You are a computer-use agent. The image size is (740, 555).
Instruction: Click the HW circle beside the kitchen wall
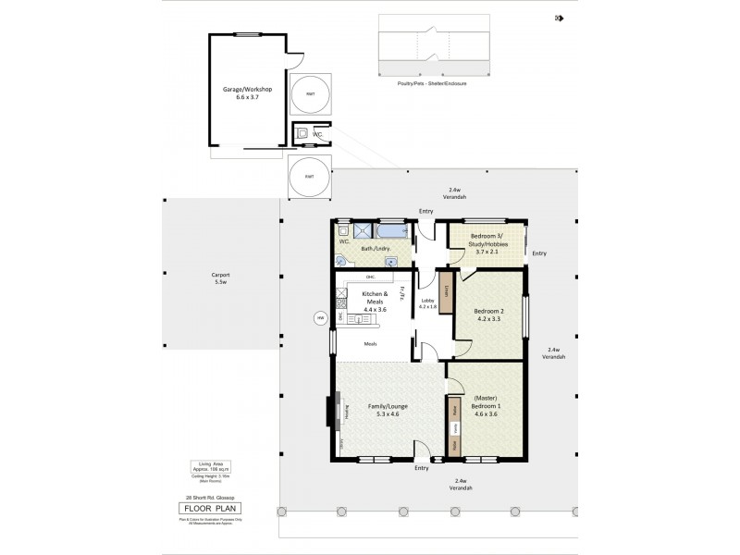[x=321, y=318]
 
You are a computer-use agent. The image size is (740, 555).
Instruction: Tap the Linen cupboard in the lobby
[x=445, y=291]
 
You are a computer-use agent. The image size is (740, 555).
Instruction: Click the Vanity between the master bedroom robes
[x=455, y=429]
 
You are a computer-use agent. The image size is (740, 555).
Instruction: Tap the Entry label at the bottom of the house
[x=422, y=468]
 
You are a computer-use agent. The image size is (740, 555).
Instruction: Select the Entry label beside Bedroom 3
[x=539, y=253]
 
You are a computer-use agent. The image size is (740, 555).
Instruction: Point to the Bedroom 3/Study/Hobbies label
[x=487, y=241]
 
